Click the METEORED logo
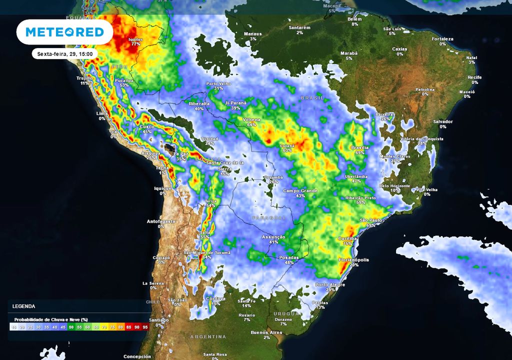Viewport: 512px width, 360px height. point(64,32)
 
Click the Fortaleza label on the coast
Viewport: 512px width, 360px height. point(442,41)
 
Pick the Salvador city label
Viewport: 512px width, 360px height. point(443,124)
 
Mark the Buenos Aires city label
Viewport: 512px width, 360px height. point(267,334)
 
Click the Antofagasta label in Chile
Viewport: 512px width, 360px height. point(161,223)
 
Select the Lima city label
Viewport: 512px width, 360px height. point(102,116)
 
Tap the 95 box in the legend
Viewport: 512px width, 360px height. point(145,327)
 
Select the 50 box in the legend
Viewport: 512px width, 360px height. point(71,327)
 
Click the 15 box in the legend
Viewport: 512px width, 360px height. point(14,327)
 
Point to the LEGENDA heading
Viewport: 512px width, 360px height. point(24,306)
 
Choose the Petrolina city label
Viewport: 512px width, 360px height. point(425,91)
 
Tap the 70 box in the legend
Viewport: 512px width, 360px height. point(104,327)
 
